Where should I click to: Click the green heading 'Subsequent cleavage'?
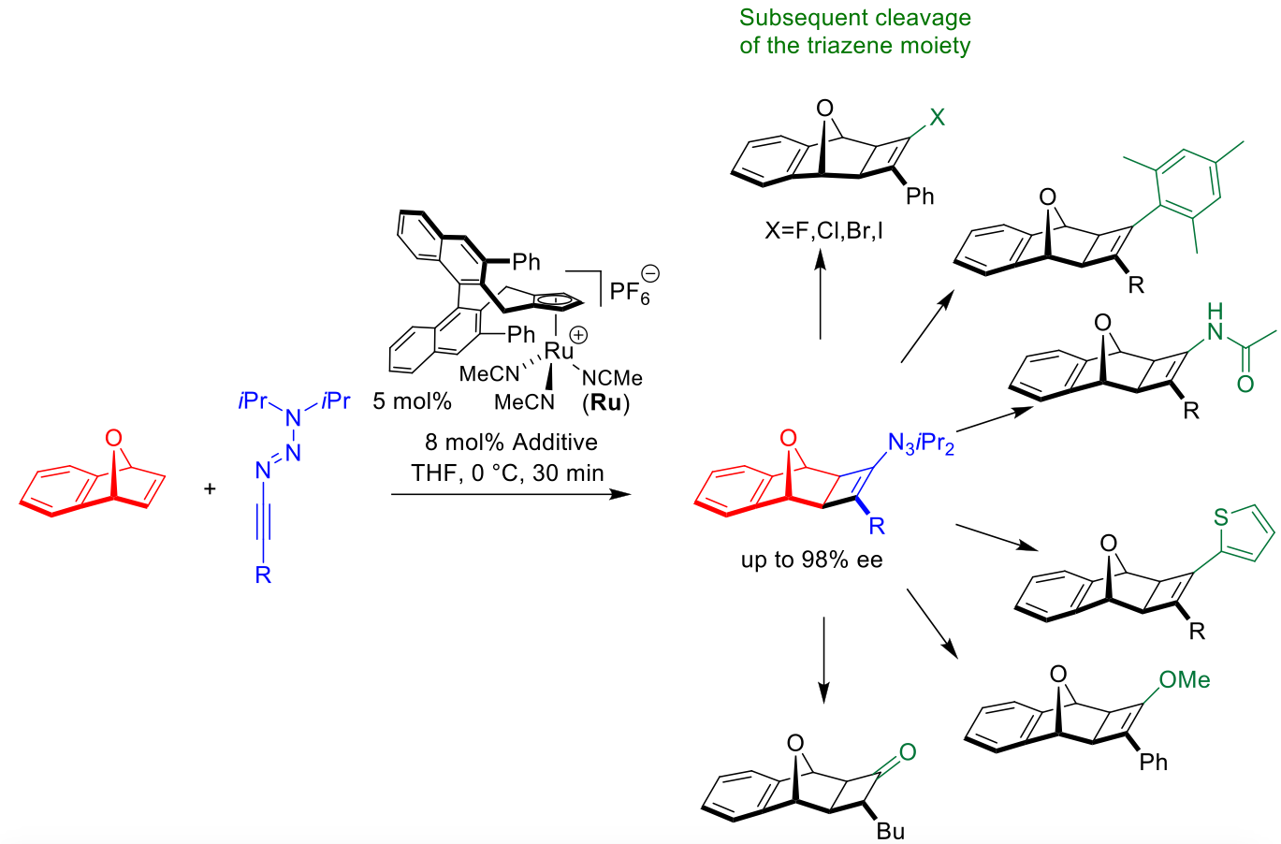pyautogui.click(x=854, y=18)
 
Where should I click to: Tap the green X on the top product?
pyautogui.click(x=937, y=117)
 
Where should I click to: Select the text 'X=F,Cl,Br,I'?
pyautogui.click(x=823, y=229)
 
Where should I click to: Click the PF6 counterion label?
pyautogui.click(x=629, y=292)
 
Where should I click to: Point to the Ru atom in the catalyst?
pyautogui.click(x=559, y=351)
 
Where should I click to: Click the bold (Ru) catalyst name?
pyautogui.click(x=605, y=403)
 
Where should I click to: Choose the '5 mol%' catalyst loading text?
pyautogui.click(x=412, y=401)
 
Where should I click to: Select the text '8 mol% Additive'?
pyautogui.click(x=511, y=442)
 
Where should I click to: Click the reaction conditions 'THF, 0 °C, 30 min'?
pyautogui.click(x=507, y=473)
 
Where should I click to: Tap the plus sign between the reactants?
pyautogui.click(x=210, y=488)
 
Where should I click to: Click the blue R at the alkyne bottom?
pyautogui.click(x=263, y=575)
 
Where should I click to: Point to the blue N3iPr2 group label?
pyautogui.click(x=921, y=444)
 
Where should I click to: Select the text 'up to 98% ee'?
pyautogui.click(x=811, y=560)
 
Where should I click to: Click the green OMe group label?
pyautogui.click(x=1184, y=680)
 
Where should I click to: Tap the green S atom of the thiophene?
pyautogui.click(x=1220, y=517)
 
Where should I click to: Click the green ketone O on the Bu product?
pyautogui.click(x=907, y=752)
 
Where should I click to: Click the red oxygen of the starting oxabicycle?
pyautogui.click(x=113, y=438)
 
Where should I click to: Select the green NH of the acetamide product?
pyautogui.click(x=1215, y=321)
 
